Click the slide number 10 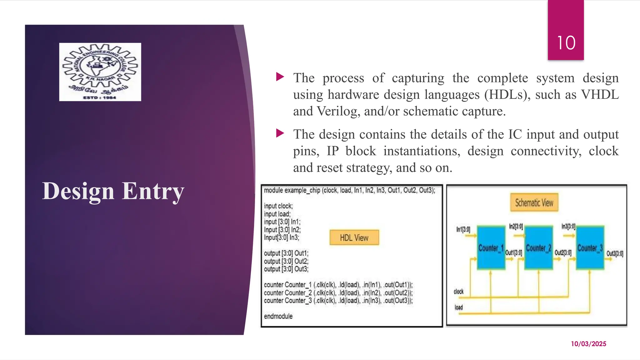coord(566,43)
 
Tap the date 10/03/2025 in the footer coord(588,344)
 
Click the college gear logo coord(100,72)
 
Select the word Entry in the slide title coord(153,191)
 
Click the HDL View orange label coord(354,238)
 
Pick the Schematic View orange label coord(534,203)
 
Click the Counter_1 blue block coord(491,248)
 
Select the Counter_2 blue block coord(538,248)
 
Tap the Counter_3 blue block coord(590,248)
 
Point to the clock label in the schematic coord(458,292)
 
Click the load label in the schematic coord(458,307)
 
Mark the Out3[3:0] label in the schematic coord(615,253)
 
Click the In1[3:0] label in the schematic coord(463,230)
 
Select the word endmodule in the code coord(278,316)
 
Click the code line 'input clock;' coord(278,206)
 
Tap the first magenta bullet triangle coord(280,77)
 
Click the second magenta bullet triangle coord(280,133)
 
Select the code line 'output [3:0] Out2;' coord(286,261)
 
